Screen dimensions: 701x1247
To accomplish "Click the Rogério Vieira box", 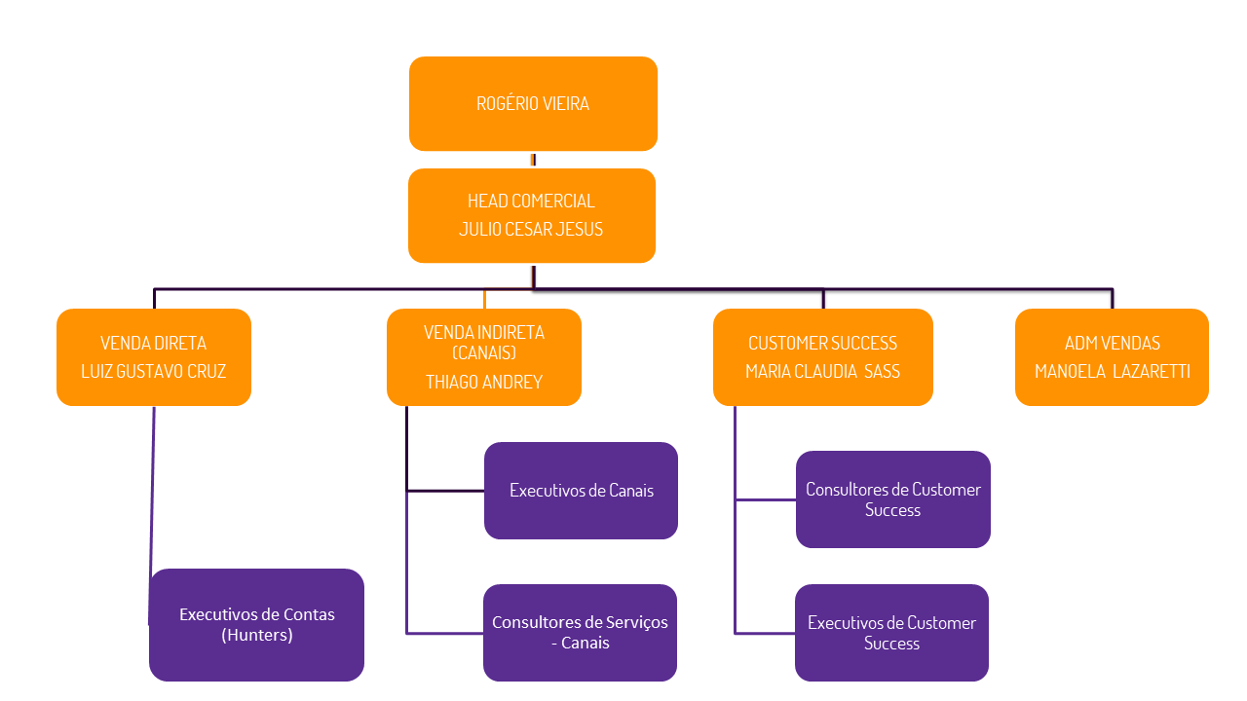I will pos(533,103).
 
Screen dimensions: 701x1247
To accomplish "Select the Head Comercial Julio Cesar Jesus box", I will pos(532,215).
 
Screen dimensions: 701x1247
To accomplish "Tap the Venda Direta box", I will pos(154,356).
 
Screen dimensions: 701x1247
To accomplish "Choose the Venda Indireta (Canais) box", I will pos(484,356).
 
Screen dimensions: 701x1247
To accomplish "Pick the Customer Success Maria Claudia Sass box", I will pos(823,356).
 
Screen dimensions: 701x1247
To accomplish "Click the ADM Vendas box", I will pos(1112,356).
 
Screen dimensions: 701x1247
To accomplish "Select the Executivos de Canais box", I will pos(581,491).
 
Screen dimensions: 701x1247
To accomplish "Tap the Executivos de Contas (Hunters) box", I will pos(256,624).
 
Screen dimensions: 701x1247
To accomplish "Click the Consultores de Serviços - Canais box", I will pos(580,633).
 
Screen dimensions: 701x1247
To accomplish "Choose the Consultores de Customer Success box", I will pos(893,499).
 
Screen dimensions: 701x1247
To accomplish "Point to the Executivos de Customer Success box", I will pos(891,633).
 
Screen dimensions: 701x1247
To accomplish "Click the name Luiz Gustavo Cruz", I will pos(154,371).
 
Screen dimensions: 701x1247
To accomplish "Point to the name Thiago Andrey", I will pos(484,382).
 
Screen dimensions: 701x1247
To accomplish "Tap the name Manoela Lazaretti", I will pos(1112,371).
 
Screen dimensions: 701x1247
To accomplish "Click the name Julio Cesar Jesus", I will pos(531,230).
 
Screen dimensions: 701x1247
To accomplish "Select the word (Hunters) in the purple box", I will pos(257,635).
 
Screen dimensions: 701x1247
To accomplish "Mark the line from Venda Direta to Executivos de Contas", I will pos(152,487).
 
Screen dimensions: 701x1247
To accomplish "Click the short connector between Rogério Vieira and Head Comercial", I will pos(533,160).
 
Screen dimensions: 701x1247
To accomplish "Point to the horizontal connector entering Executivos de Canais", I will pos(445,491).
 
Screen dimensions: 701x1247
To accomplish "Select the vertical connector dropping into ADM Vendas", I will pos(1113,299).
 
